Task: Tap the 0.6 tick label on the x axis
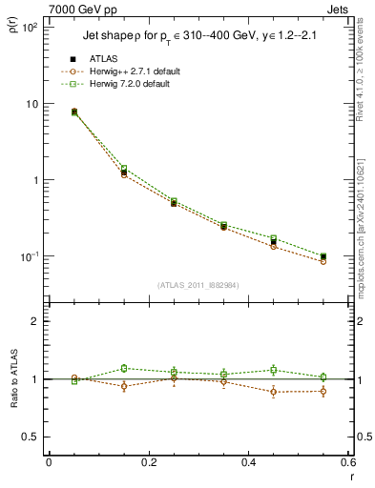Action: pyautogui.click(x=346, y=464)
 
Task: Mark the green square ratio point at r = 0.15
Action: pyautogui.click(x=123, y=368)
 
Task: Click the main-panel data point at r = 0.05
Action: pyautogui.click(x=74, y=112)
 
